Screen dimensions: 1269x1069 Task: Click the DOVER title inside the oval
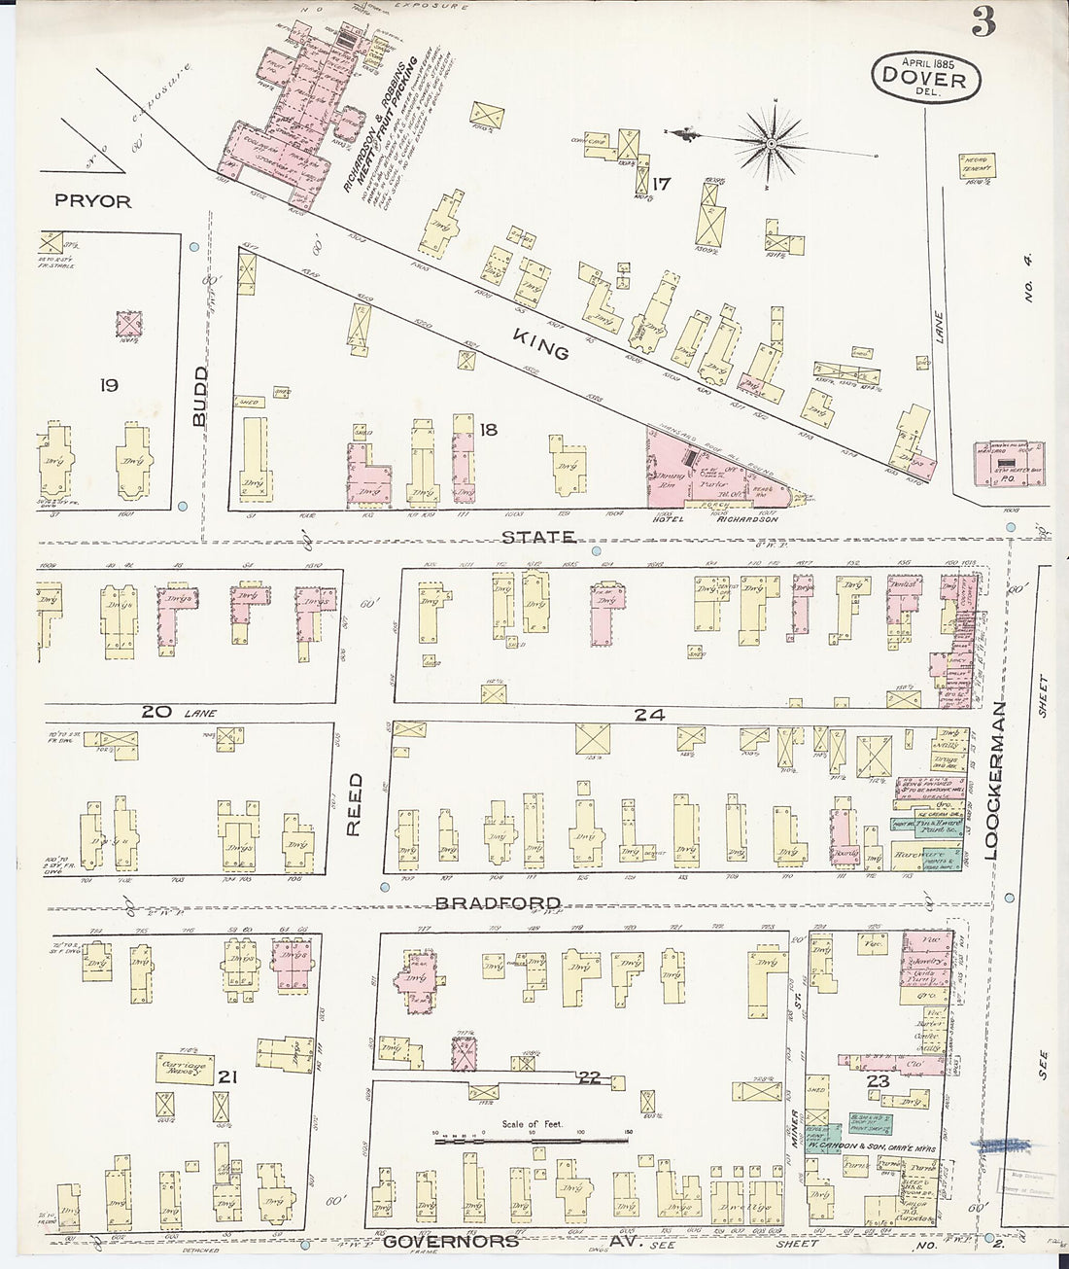[925, 79]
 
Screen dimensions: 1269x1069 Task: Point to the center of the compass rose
[770, 144]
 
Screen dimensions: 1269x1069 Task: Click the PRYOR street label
[93, 201]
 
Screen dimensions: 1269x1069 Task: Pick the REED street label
[355, 804]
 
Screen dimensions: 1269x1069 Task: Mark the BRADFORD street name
[484, 902]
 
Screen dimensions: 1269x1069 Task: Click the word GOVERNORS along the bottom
[442, 1241]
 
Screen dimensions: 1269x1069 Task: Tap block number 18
[487, 428]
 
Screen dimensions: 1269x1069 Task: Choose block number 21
[228, 1076]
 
